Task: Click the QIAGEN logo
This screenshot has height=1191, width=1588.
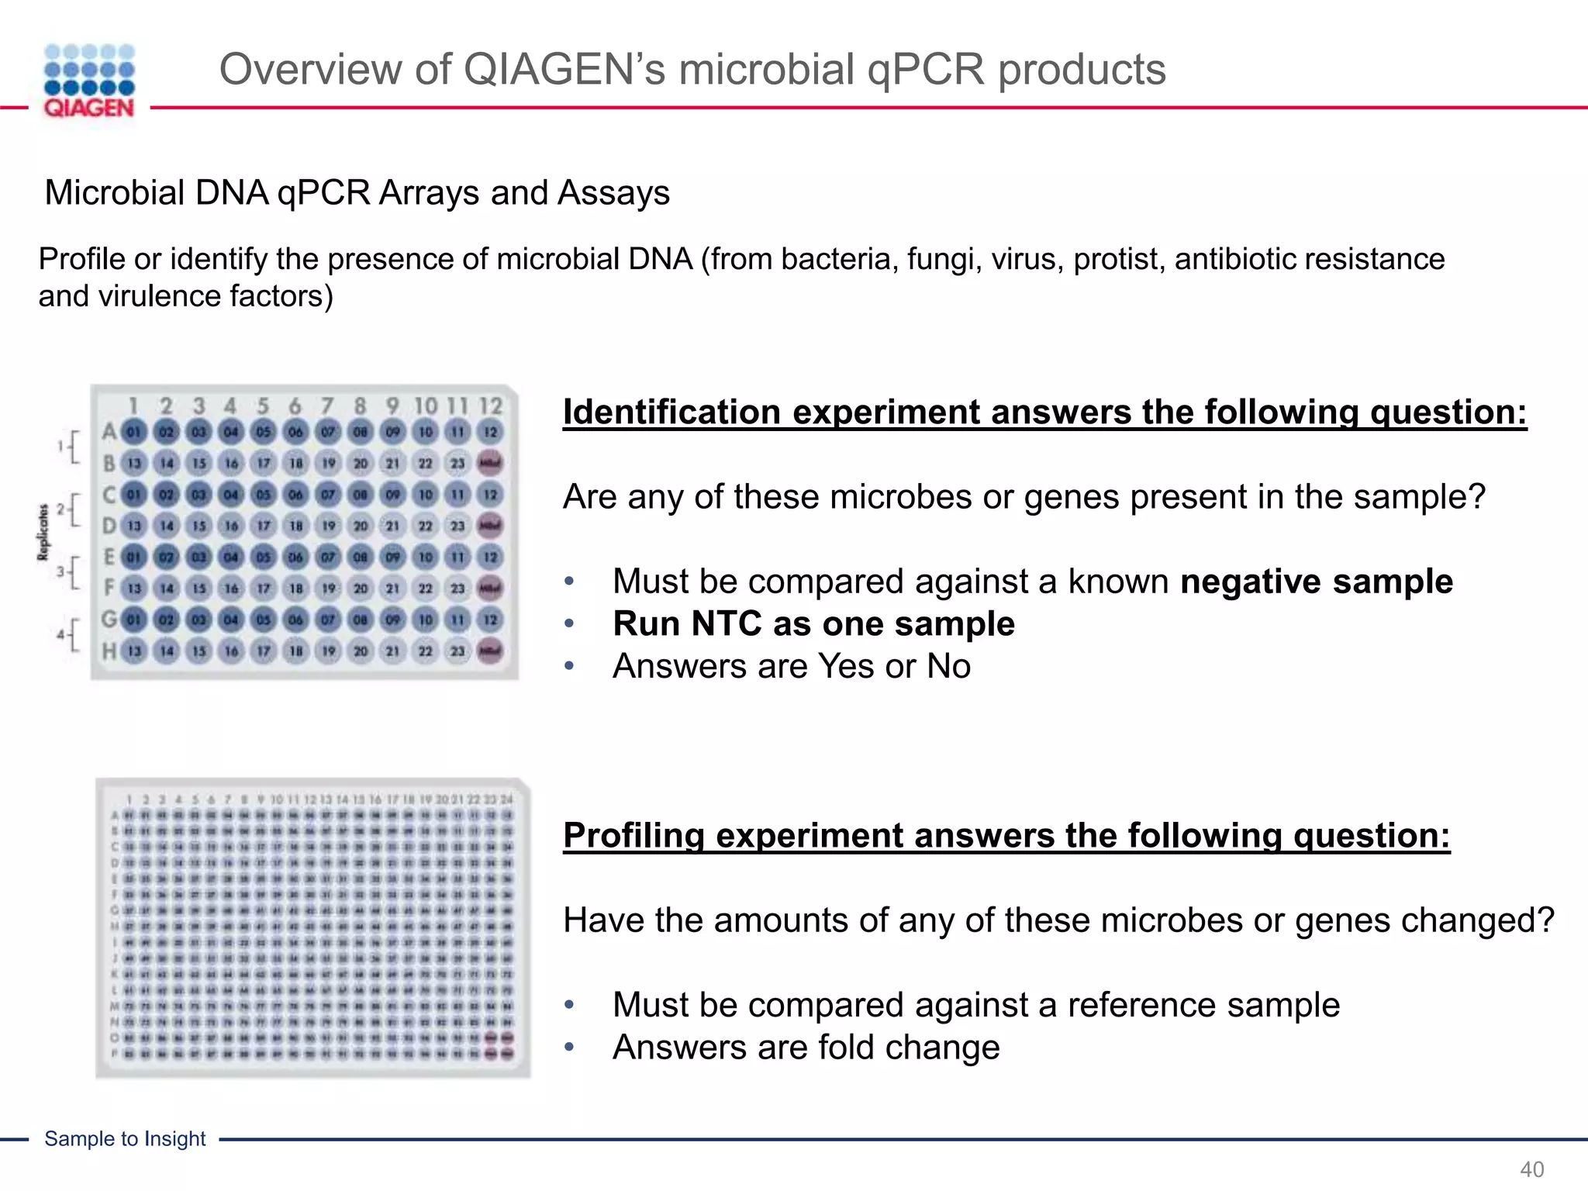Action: [x=89, y=81]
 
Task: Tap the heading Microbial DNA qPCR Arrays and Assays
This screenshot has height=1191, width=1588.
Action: [x=357, y=192]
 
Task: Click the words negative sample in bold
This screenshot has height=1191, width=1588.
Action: [x=1316, y=582]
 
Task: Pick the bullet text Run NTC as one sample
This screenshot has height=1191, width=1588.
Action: [x=813, y=624]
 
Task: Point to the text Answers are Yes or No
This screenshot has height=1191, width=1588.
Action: [x=791, y=666]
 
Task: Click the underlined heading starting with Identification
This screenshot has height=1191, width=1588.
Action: [x=1044, y=412]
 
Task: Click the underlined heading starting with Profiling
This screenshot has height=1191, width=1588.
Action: [x=1006, y=836]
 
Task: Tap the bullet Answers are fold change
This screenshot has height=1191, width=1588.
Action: [x=806, y=1048]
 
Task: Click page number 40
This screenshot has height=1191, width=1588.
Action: [x=1531, y=1169]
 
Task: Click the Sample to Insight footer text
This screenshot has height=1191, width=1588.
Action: [x=125, y=1139]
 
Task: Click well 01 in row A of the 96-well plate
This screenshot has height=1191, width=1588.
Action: [x=134, y=432]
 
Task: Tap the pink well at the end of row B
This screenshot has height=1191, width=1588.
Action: [x=490, y=463]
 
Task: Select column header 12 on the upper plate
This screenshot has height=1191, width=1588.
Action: [x=490, y=406]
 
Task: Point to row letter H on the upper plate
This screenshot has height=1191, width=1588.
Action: [x=109, y=651]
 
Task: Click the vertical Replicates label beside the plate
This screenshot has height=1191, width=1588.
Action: [x=43, y=532]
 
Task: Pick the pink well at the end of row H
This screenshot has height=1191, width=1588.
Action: [x=490, y=651]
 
